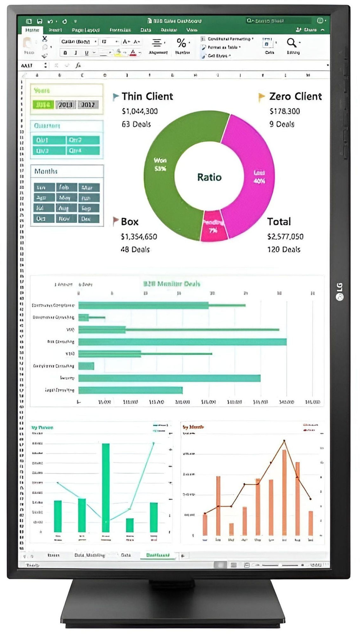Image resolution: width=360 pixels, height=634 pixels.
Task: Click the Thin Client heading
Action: [x=147, y=96]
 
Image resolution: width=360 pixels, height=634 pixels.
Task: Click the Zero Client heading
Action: [x=295, y=96]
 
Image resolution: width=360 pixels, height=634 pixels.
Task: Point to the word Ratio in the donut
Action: [x=209, y=177]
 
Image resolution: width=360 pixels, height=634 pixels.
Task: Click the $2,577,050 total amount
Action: [x=285, y=237]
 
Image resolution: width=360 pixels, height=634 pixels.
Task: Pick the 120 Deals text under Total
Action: [x=284, y=249]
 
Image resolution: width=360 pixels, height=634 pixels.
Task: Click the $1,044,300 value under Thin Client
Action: [x=140, y=111]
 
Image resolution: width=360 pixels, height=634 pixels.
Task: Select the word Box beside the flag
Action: [x=129, y=222]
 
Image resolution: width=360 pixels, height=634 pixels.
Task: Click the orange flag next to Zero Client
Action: [x=261, y=97]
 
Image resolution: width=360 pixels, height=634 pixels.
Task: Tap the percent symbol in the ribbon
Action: [x=181, y=42]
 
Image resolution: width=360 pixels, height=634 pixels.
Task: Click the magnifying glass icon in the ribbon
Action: [x=291, y=42]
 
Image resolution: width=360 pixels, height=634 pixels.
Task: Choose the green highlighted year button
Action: [x=43, y=105]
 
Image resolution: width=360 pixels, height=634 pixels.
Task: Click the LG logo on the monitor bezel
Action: [x=339, y=291]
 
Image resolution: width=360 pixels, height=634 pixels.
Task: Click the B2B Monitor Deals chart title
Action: [x=172, y=284]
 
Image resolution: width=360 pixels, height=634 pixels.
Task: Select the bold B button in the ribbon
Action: [x=65, y=53]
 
